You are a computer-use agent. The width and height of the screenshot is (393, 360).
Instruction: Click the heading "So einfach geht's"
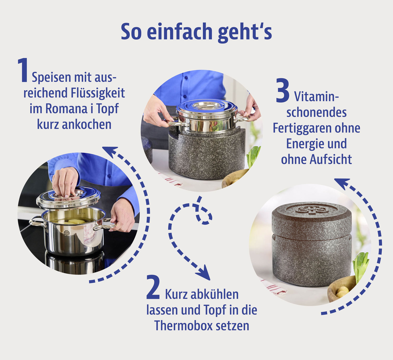pyautogui.click(x=196, y=32)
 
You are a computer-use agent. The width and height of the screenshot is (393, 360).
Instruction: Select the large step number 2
pyautogui.click(x=153, y=287)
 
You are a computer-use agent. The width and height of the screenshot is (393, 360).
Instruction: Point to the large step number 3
pyautogui.click(x=283, y=91)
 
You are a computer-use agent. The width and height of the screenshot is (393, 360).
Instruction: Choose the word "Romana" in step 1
pyautogui.click(x=66, y=109)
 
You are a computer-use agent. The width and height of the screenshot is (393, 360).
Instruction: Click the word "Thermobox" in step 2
pyautogui.click(x=183, y=326)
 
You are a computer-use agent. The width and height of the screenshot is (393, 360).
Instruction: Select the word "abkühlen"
pyautogui.click(x=215, y=294)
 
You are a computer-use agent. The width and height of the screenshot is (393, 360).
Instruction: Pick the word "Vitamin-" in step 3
pyautogui.click(x=316, y=97)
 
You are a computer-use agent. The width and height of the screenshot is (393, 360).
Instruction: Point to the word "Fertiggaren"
pyautogui.click(x=302, y=128)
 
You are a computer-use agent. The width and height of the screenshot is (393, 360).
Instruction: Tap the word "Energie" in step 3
pyautogui.click(x=303, y=144)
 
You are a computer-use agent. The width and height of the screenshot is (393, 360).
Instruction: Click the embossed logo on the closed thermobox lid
pyautogui.click(x=312, y=209)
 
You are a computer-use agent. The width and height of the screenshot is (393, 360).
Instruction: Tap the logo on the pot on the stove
pyautogui.click(x=67, y=232)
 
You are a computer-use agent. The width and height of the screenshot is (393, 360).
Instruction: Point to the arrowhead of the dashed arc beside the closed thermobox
pyautogui.click(x=341, y=182)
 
